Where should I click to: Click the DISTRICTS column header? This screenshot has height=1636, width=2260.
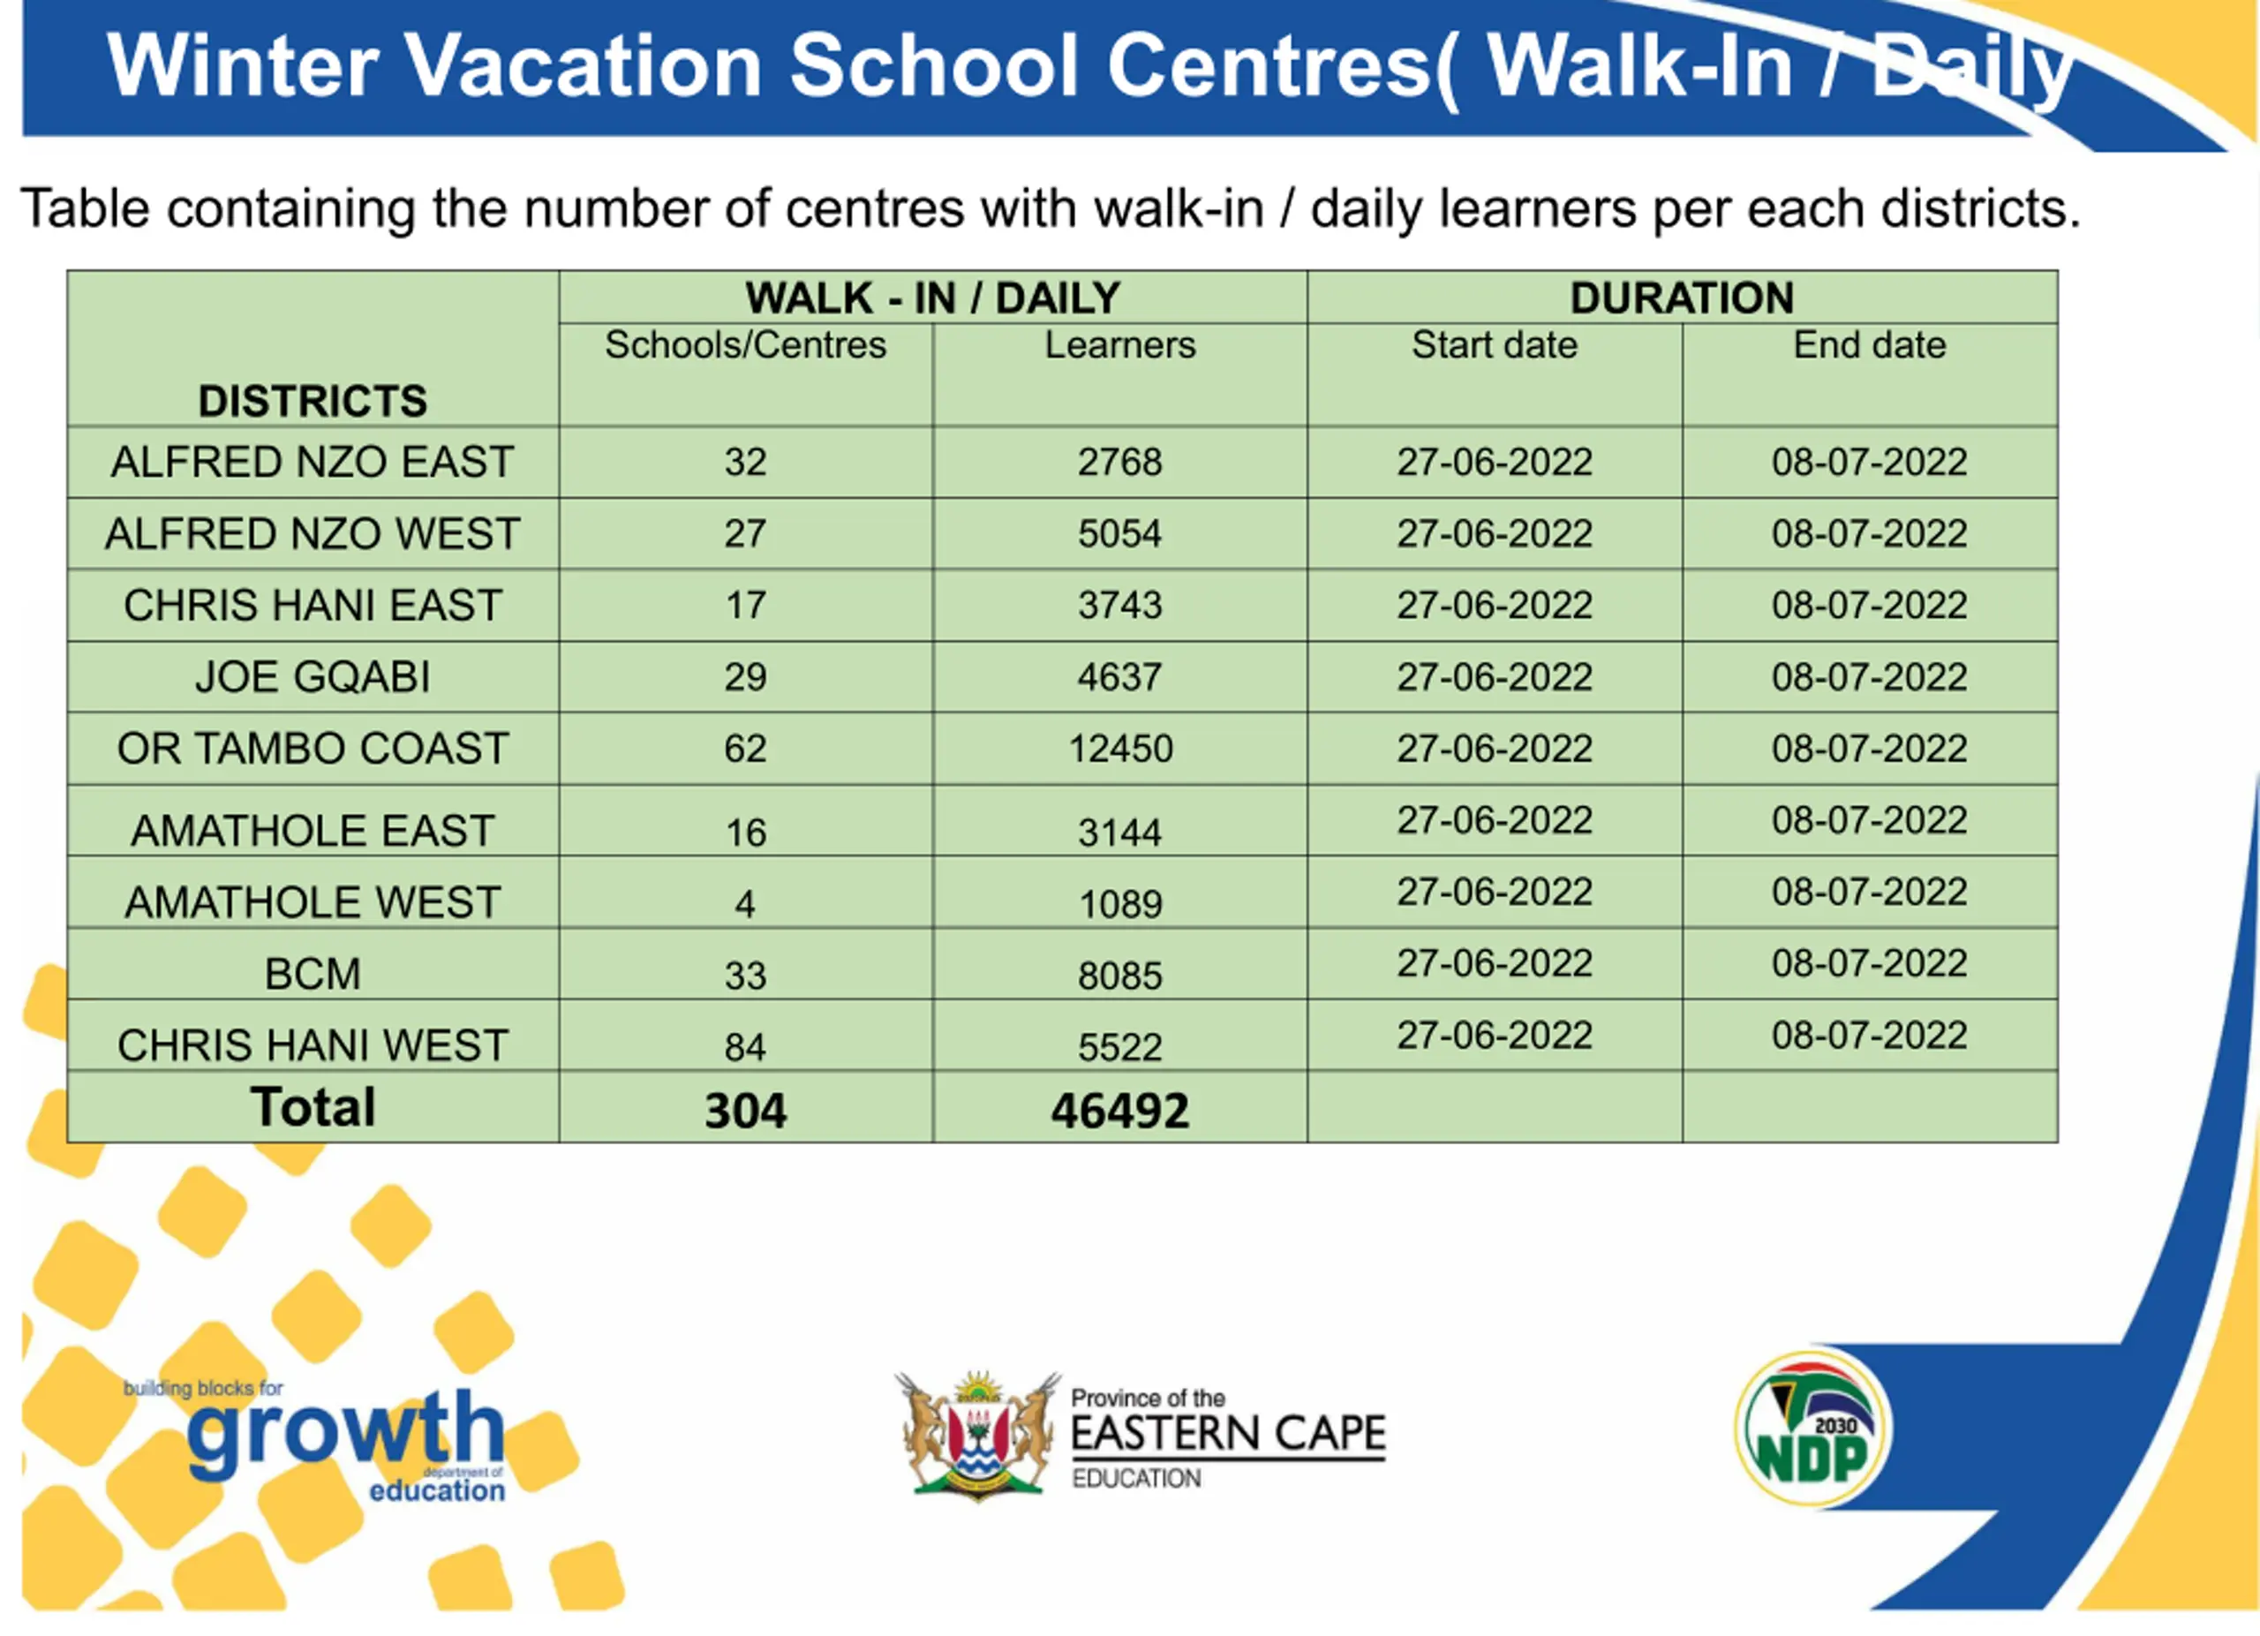(x=312, y=401)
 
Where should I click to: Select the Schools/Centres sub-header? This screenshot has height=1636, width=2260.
(x=745, y=344)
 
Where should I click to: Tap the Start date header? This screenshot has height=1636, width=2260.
(x=1494, y=344)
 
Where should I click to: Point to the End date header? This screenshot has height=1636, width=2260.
(x=1870, y=344)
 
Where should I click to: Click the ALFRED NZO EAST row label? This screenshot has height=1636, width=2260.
(x=312, y=461)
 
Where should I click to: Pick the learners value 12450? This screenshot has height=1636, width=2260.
(x=1120, y=749)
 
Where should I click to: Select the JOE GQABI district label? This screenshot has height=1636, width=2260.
(x=312, y=676)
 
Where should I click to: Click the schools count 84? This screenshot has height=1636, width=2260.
(x=745, y=1047)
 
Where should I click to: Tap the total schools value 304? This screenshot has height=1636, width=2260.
(x=745, y=1110)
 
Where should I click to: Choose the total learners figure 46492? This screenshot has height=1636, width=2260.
(x=1120, y=1110)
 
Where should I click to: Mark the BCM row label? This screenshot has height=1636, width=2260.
(x=312, y=974)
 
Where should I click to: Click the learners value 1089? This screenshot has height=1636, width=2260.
(x=1120, y=904)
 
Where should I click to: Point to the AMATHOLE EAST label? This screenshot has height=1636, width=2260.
(x=312, y=830)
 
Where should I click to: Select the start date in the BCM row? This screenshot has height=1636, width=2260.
(x=1494, y=962)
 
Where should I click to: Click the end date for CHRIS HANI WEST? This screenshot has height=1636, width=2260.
(x=1870, y=1036)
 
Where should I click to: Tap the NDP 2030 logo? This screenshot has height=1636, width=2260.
(x=1811, y=1429)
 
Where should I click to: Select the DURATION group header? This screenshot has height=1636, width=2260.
(x=1682, y=298)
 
